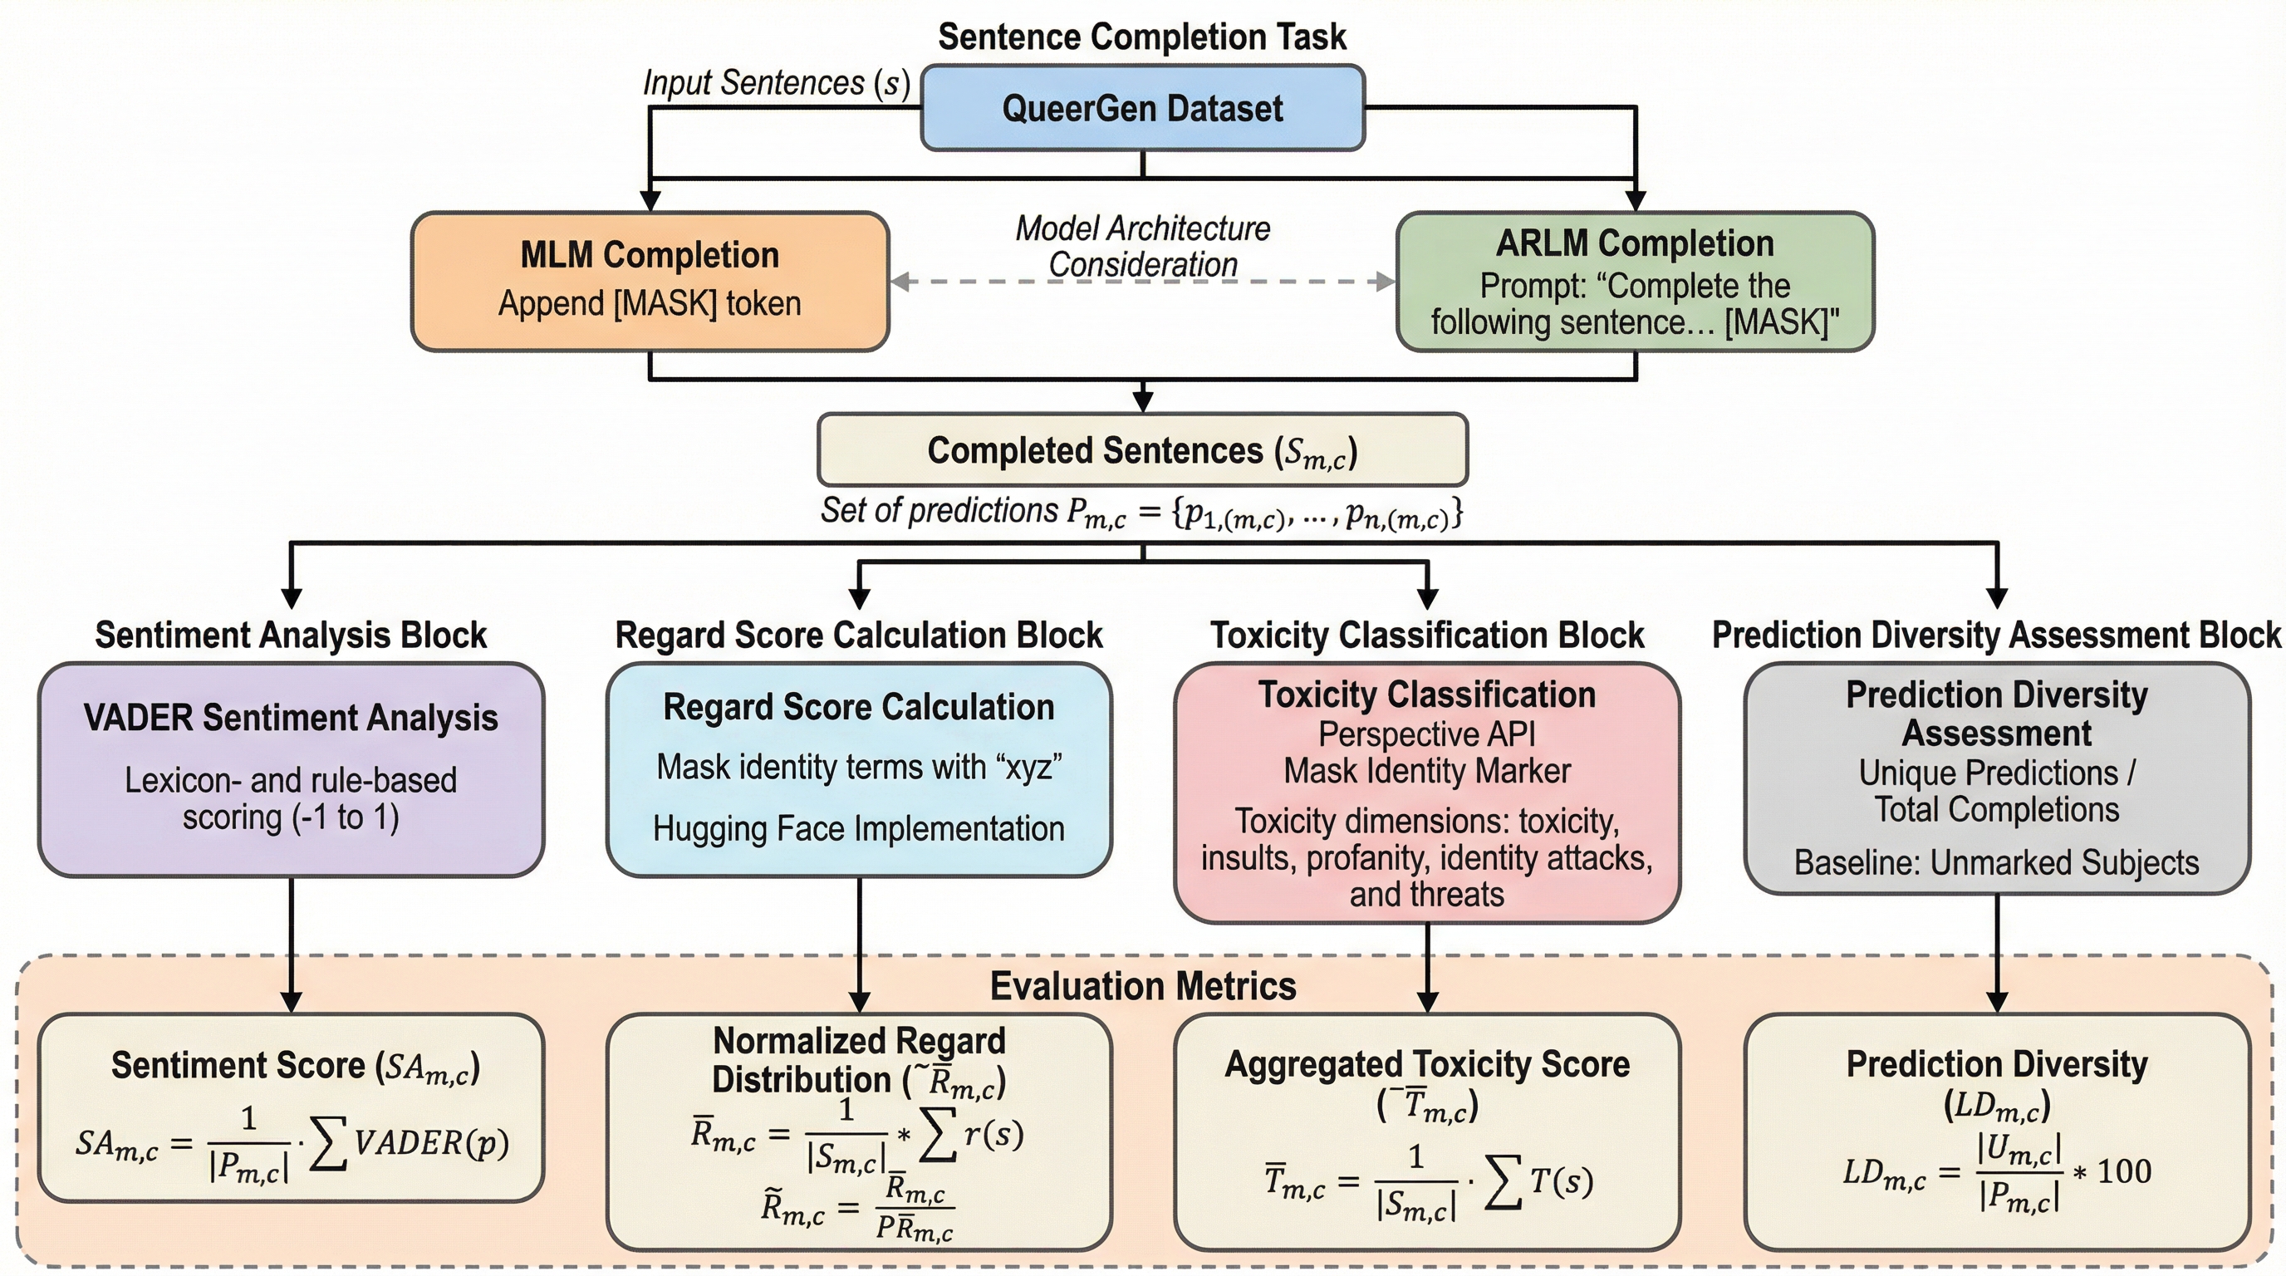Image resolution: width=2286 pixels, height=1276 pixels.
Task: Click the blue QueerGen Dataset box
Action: [1142, 108]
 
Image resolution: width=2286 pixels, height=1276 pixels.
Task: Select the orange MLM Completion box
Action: [650, 281]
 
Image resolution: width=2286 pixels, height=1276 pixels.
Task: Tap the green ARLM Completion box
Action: [1635, 282]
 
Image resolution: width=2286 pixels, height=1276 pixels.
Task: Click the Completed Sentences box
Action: [1142, 450]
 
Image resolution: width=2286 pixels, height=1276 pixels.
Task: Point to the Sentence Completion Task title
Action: [1142, 37]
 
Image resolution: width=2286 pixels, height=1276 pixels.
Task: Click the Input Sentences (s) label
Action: [777, 83]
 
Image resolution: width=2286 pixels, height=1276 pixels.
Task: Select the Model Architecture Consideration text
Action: [1142, 246]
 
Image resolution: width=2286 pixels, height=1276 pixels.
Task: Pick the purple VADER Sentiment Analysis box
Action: [291, 769]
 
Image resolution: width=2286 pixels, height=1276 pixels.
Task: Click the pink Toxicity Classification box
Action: [1427, 793]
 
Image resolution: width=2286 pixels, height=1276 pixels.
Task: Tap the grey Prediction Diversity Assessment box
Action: [1997, 778]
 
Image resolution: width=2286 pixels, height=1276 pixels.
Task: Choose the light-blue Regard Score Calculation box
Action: [859, 769]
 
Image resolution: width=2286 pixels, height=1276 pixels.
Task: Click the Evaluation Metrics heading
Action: [1142, 987]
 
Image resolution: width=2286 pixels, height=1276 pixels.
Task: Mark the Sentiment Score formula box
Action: [291, 1107]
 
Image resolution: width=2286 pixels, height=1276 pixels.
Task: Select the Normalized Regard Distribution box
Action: [859, 1131]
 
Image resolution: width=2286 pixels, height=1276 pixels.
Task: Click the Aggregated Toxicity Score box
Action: [1427, 1131]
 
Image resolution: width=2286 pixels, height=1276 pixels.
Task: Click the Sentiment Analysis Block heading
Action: [291, 636]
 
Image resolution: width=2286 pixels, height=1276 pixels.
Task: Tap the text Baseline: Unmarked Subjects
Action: [1997, 862]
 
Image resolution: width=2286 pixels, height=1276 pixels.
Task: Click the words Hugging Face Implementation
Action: [859, 829]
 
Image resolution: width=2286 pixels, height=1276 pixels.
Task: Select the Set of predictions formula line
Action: [1142, 512]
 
